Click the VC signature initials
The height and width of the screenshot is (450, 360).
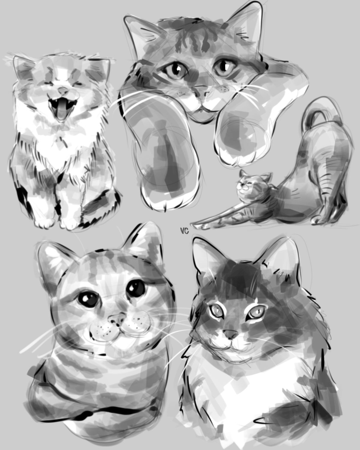click(x=184, y=231)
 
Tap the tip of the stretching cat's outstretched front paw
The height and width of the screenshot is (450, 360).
click(x=196, y=226)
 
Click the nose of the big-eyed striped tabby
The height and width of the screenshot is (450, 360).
click(x=116, y=320)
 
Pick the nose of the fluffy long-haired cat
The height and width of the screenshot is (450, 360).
click(x=230, y=333)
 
